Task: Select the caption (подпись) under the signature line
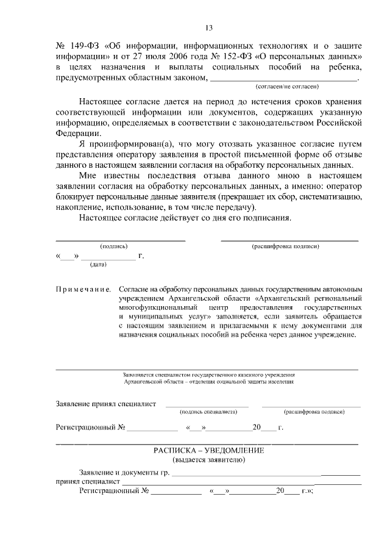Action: tap(114, 246)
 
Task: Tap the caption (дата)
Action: tap(98, 265)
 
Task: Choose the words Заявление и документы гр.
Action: tap(124, 473)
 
